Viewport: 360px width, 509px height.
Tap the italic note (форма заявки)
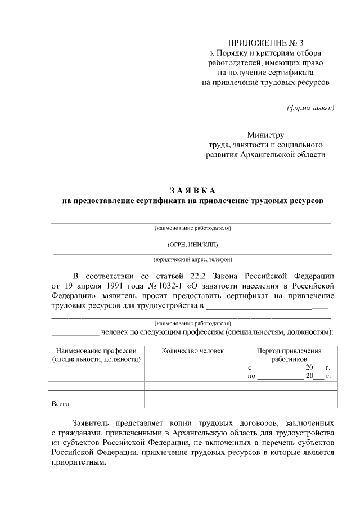click(310, 107)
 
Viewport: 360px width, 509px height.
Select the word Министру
click(265, 135)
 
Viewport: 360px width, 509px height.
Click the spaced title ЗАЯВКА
click(193, 190)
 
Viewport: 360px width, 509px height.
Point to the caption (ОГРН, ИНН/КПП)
click(192, 244)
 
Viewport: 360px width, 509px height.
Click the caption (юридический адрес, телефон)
click(192, 259)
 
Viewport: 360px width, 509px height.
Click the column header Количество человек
click(192, 350)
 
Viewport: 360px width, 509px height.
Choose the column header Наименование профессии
click(96, 350)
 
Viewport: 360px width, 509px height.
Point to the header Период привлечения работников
click(289, 354)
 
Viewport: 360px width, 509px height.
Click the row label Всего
click(60, 403)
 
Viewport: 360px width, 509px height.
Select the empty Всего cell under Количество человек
click(192, 403)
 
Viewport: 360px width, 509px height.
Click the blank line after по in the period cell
click(281, 376)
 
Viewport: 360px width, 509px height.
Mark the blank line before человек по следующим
click(75, 333)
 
